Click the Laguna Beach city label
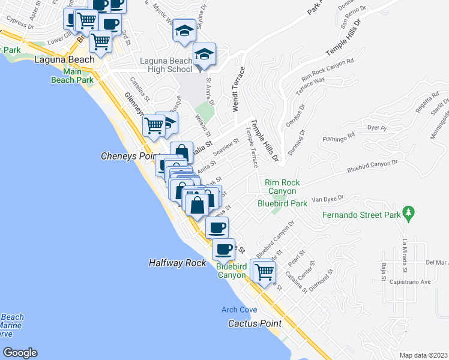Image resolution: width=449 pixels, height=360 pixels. [x=65, y=60]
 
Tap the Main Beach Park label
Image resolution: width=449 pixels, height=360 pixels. [x=72, y=76]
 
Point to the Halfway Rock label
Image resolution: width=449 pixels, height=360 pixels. [x=177, y=263]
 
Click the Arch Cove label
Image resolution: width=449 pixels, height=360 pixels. [x=239, y=310]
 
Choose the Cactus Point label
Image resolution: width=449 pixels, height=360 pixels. [x=255, y=323]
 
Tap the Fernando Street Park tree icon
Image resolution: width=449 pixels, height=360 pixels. [x=409, y=212]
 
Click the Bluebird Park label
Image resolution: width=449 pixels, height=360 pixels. [x=282, y=203]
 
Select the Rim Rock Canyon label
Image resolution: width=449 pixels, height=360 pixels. [x=282, y=187]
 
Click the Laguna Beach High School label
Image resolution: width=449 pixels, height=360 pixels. [x=166, y=65]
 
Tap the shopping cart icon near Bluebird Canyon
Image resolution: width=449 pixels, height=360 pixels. [x=264, y=272]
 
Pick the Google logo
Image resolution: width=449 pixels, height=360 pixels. [x=20, y=352]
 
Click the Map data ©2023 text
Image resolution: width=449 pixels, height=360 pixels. [x=423, y=355]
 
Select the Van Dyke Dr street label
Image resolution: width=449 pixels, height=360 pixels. [x=328, y=197]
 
